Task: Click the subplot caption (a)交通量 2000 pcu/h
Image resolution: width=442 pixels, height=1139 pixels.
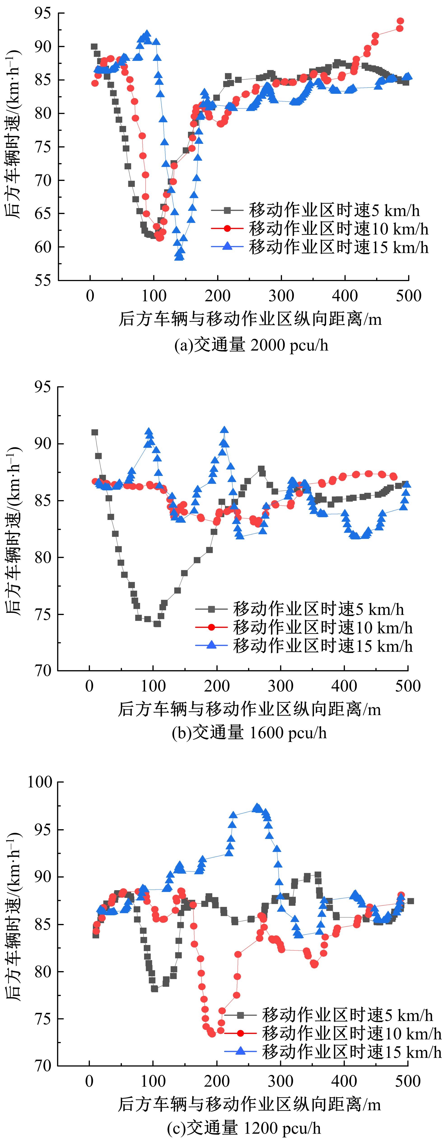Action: click(251, 345)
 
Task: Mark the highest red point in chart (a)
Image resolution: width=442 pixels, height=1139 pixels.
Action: click(400, 21)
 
